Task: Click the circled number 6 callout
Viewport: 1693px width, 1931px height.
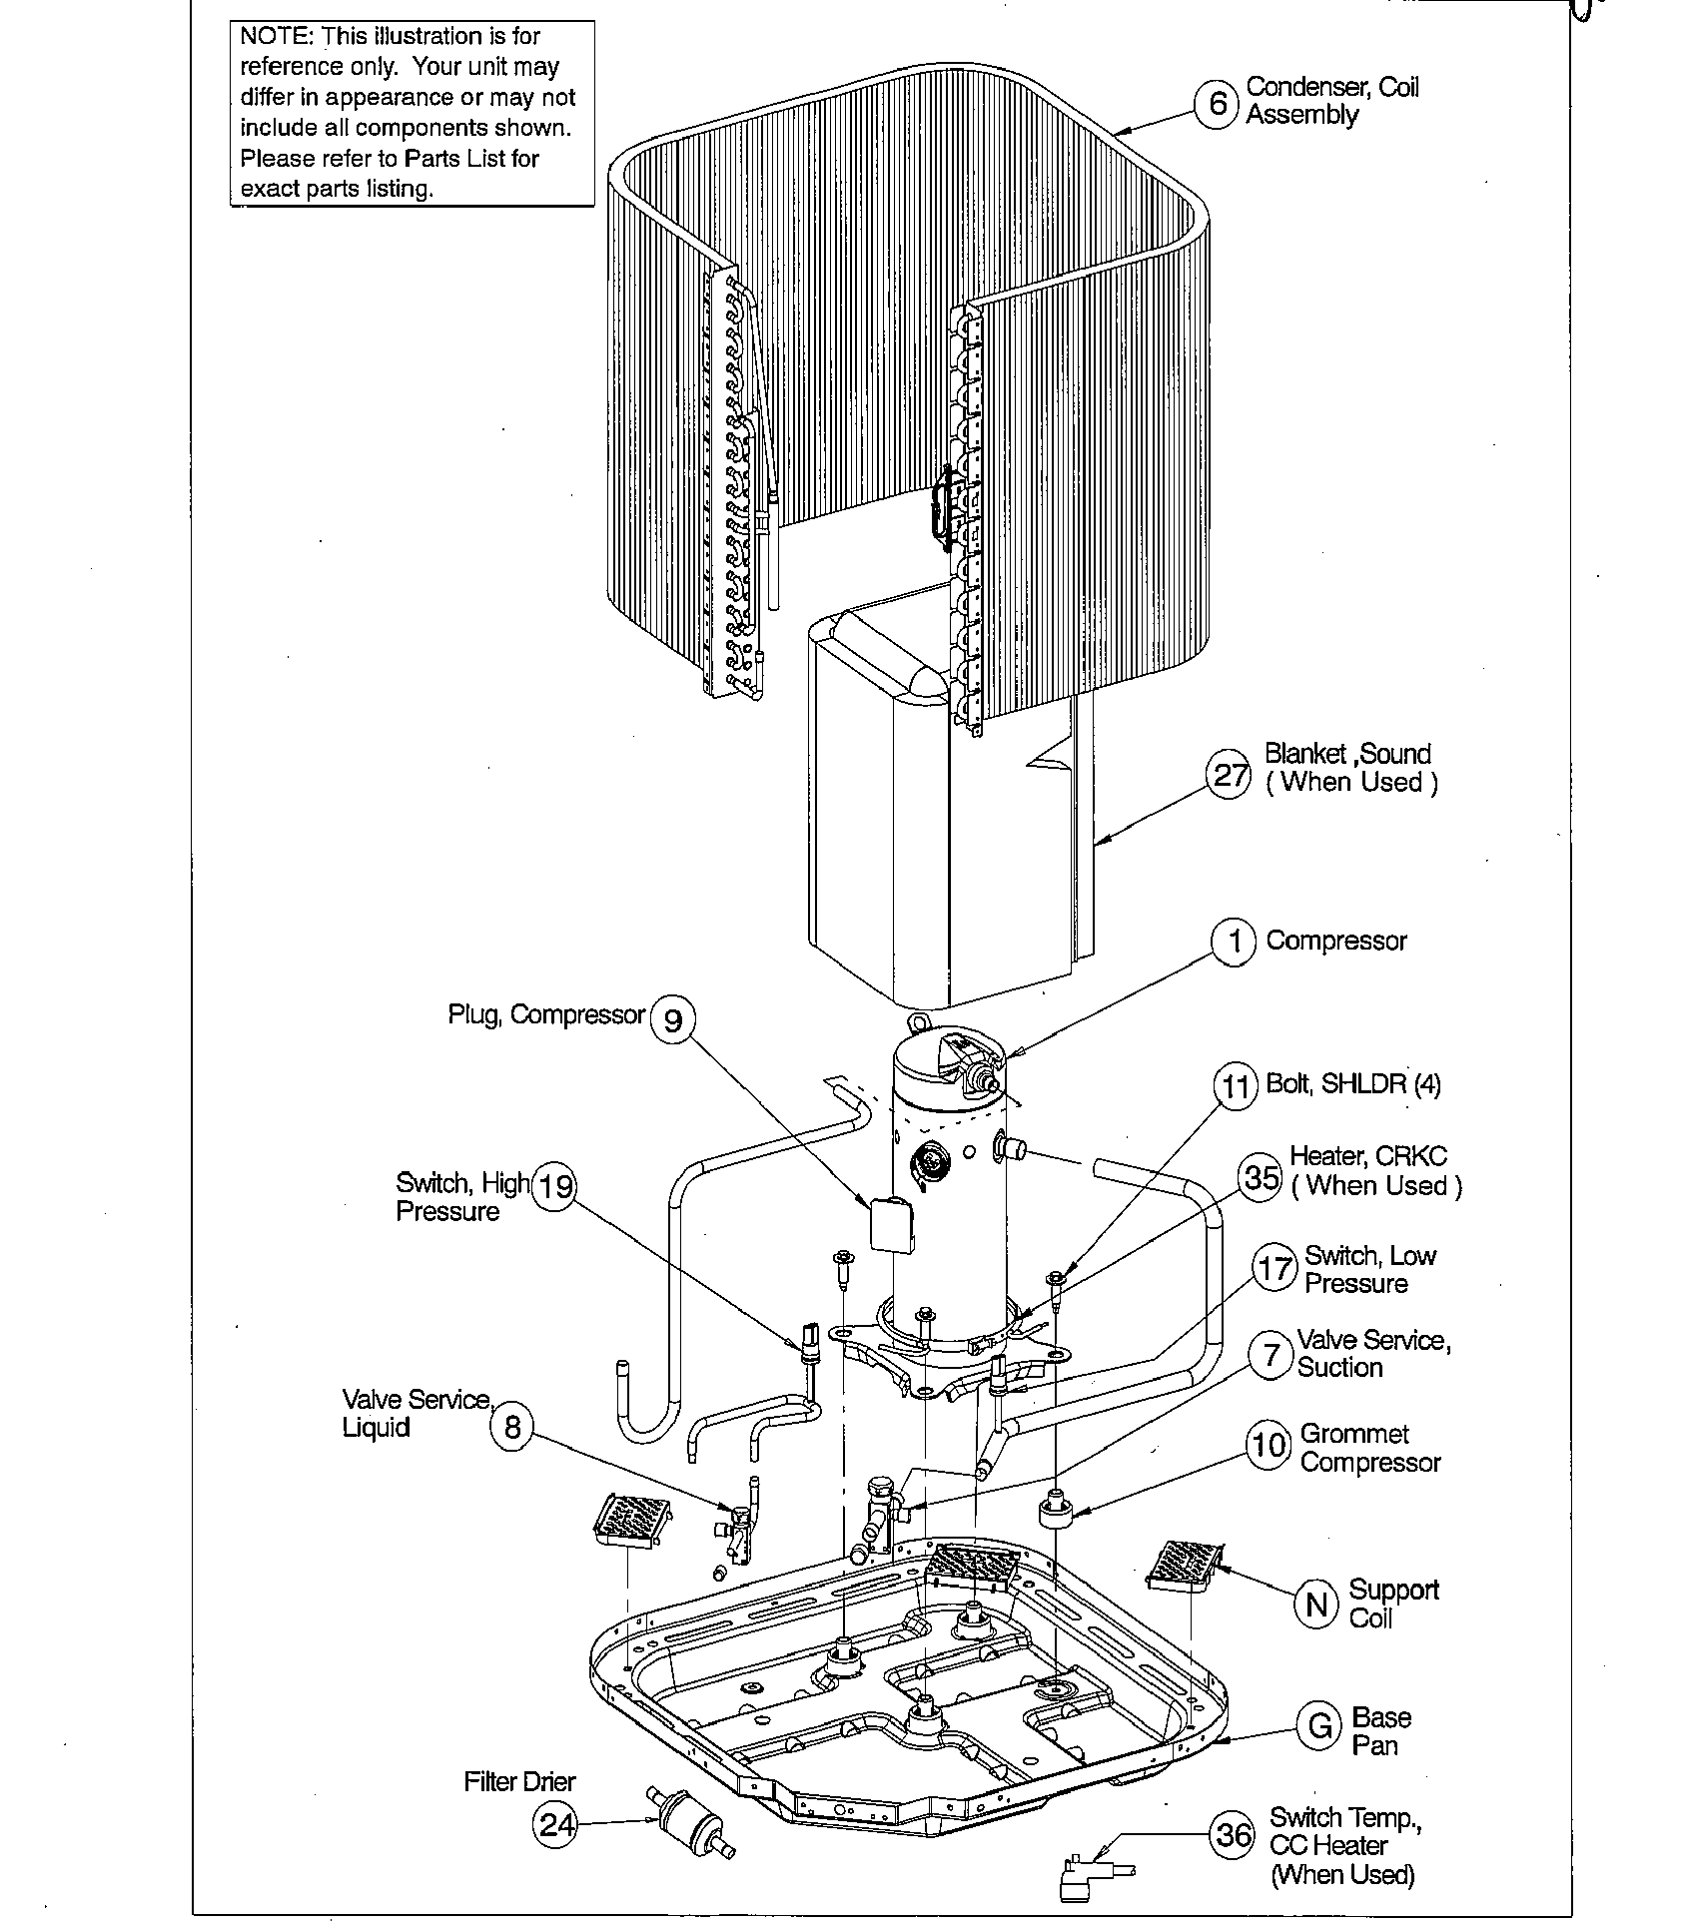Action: coord(1218,103)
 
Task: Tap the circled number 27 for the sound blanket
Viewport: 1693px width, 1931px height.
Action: coord(1230,775)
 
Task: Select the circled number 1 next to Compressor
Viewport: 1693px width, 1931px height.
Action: coord(1235,942)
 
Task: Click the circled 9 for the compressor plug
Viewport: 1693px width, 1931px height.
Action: coord(673,1020)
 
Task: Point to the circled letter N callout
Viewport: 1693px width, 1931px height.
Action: coord(1316,1603)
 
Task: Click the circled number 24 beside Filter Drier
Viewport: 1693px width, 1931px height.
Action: coord(556,1824)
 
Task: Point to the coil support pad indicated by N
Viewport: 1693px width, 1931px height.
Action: coord(1183,1565)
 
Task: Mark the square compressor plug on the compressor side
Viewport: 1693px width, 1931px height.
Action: coord(891,1224)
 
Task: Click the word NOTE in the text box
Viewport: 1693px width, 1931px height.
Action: coord(276,37)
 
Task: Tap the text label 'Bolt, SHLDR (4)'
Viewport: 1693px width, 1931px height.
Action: coord(1353,1084)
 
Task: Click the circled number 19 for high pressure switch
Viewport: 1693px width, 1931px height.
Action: coord(555,1186)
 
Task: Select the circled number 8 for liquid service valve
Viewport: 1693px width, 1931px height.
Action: coord(512,1427)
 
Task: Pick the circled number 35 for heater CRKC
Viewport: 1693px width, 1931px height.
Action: coord(1261,1176)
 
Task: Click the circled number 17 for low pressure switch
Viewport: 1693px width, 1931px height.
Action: coord(1274,1269)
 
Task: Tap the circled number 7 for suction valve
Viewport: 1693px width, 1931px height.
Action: coord(1270,1356)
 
